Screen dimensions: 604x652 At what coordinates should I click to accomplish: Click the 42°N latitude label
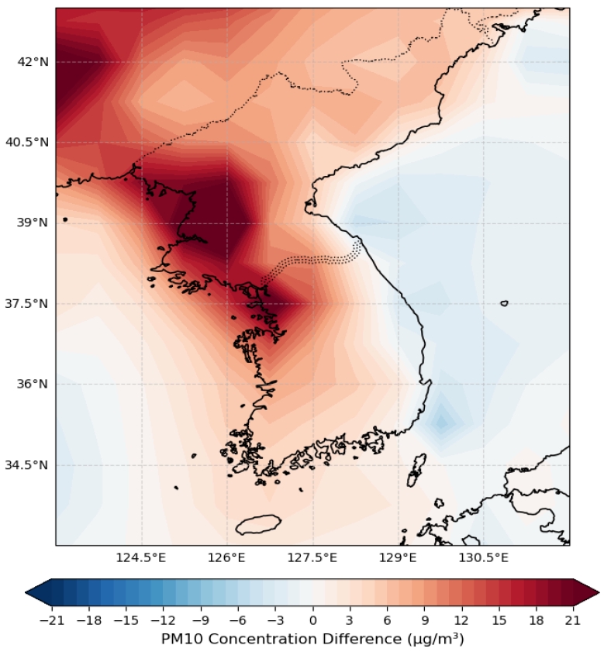[x=33, y=62]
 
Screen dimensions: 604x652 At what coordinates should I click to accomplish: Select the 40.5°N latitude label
[x=27, y=142]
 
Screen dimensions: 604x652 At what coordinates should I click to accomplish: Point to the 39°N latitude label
[x=33, y=223]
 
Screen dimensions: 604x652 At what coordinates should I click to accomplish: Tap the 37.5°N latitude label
[x=27, y=304]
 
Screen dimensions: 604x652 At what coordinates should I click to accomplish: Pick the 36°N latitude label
[x=33, y=384]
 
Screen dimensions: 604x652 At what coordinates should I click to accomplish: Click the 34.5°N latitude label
[x=27, y=465]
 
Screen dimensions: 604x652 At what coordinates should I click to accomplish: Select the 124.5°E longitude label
[x=141, y=557]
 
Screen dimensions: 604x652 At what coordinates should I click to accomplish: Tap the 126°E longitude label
[x=227, y=557]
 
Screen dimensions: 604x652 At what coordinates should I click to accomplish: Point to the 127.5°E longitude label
[x=312, y=557]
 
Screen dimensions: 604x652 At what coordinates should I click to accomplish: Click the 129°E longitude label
[x=398, y=557]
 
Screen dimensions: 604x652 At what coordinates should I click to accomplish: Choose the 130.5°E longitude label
[x=484, y=557]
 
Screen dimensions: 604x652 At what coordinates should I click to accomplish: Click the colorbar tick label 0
[x=312, y=621]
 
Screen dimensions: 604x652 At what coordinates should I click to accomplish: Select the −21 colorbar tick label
[x=53, y=621]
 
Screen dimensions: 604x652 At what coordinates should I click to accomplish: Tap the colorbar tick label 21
[x=573, y=621]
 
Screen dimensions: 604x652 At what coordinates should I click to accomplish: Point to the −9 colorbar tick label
[x=201, y=621]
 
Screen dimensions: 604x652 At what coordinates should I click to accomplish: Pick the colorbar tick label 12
[x=461, y=621]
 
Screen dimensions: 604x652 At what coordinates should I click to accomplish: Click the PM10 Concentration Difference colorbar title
[x=312, y=639]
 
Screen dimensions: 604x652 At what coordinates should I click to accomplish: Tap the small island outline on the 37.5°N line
[x=504, y=303]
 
